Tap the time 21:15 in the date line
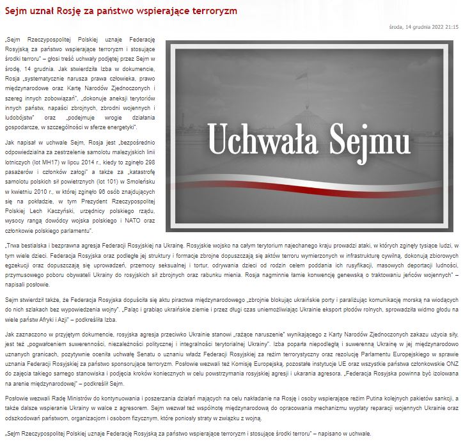(x=450, y=28)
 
